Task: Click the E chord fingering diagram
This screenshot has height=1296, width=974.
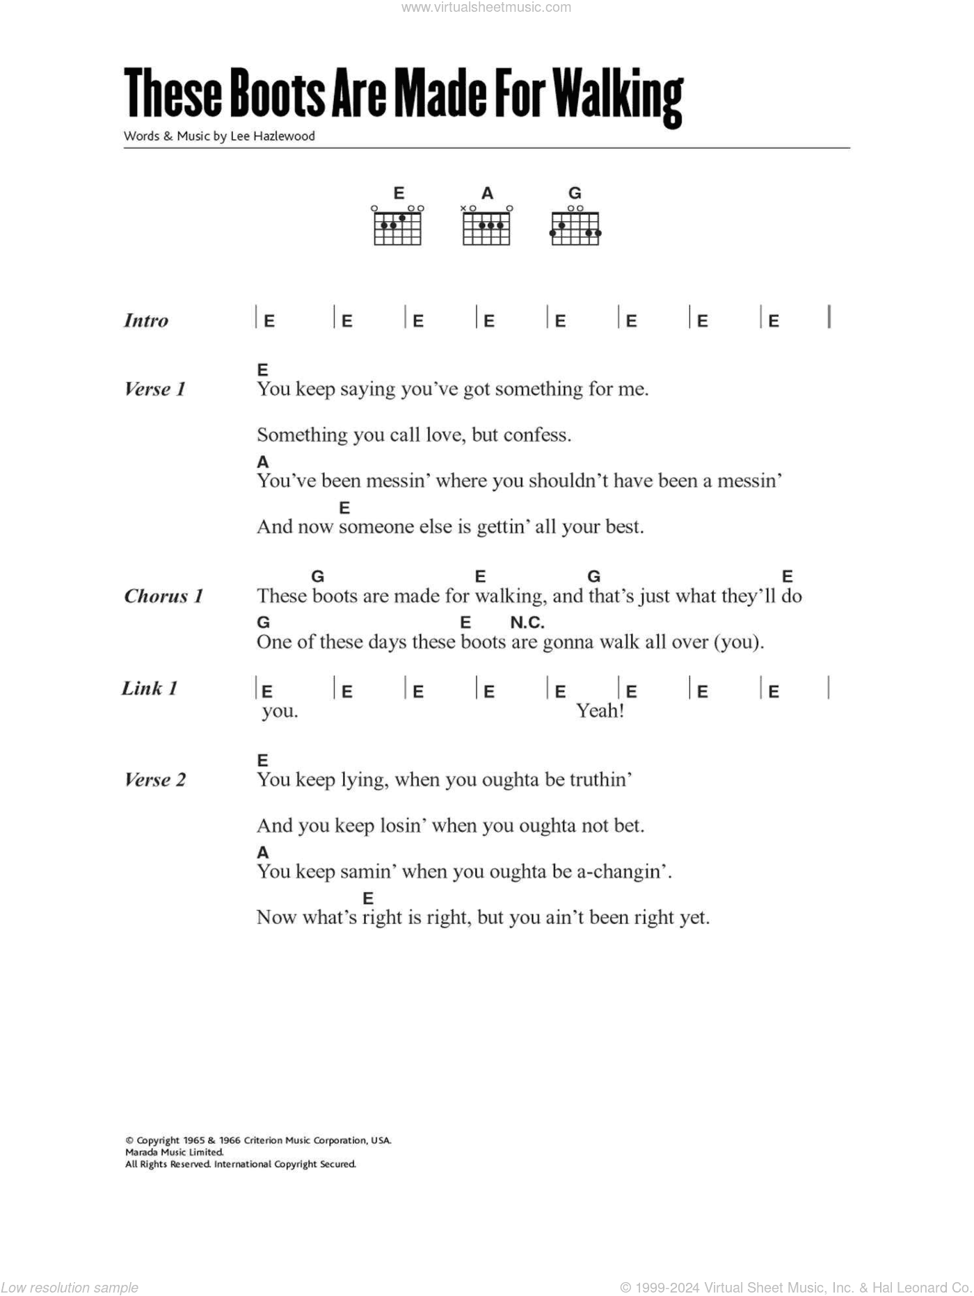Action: tap(398, 226)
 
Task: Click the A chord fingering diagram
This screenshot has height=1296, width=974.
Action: tap(486, 226)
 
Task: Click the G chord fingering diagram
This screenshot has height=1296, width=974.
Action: tap(575, 226)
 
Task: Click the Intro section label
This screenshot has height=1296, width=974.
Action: tap(146, 321)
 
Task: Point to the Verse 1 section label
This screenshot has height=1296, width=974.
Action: tap(154, 389)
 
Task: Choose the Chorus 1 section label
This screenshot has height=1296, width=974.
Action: tap(163, 596)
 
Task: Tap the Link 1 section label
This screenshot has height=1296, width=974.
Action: tap(150, 688)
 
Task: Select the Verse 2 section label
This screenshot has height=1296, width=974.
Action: tap(154, 779)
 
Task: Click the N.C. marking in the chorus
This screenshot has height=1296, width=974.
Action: tap(527, 622)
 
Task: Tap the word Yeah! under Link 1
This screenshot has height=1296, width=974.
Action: tap(600, 711)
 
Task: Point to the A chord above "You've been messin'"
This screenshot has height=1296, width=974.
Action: tap(262, 462)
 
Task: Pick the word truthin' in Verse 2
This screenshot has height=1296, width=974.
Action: tap(600, 779)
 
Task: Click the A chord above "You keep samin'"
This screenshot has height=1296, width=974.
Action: tap(262, 852)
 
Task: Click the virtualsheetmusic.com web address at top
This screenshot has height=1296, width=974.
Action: tap(486, 8)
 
